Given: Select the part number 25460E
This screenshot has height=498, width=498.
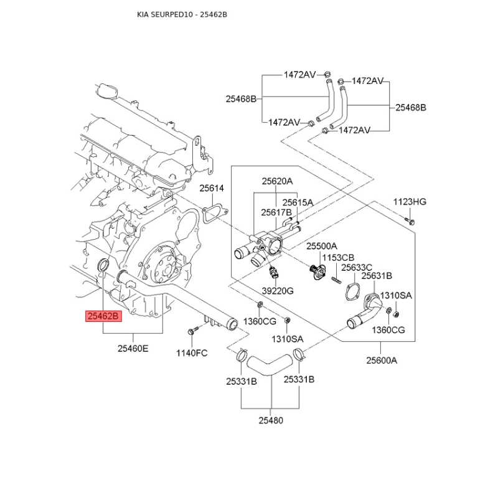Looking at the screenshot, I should [133, 349].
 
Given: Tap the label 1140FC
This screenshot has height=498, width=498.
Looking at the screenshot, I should [192, 353].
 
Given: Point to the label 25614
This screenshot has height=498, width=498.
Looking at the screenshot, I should [212, 188].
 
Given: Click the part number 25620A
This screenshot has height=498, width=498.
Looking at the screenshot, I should [276, 181].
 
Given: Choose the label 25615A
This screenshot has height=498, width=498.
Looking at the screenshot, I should [298, 202].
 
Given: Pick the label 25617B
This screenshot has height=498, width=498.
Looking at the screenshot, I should [276, 212].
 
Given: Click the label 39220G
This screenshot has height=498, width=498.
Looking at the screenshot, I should [278, 291].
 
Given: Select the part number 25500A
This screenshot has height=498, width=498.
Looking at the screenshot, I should [321, 247].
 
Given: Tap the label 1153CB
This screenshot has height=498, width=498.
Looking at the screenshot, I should [339, 257].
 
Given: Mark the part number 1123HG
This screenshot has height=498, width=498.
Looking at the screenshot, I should [410, 202].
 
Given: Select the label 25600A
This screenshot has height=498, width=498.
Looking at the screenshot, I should [381, 359].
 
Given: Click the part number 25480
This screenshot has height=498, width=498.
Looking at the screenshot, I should [271, 420].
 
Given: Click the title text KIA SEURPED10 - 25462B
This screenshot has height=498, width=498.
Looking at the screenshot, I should [182, 14].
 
